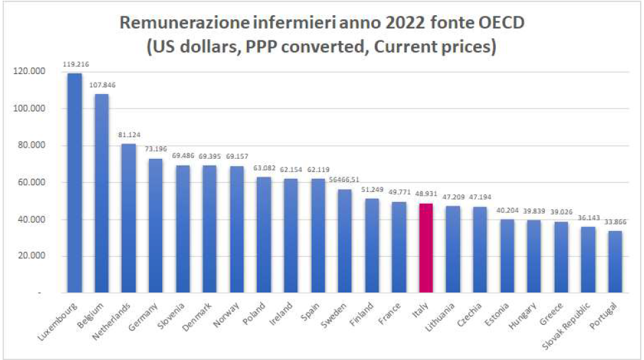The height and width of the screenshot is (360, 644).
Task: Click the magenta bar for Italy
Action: click(426, 248)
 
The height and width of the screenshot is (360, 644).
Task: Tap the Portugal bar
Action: click(615, 261)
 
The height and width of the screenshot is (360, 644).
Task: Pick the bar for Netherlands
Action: click(128, 218)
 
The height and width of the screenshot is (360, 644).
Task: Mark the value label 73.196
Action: click(156, 151)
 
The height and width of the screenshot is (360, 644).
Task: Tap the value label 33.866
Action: click(615, 223)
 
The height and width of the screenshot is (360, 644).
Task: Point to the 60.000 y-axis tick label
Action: click(29, 183)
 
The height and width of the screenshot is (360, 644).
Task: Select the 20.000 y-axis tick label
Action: click(29, 256)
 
